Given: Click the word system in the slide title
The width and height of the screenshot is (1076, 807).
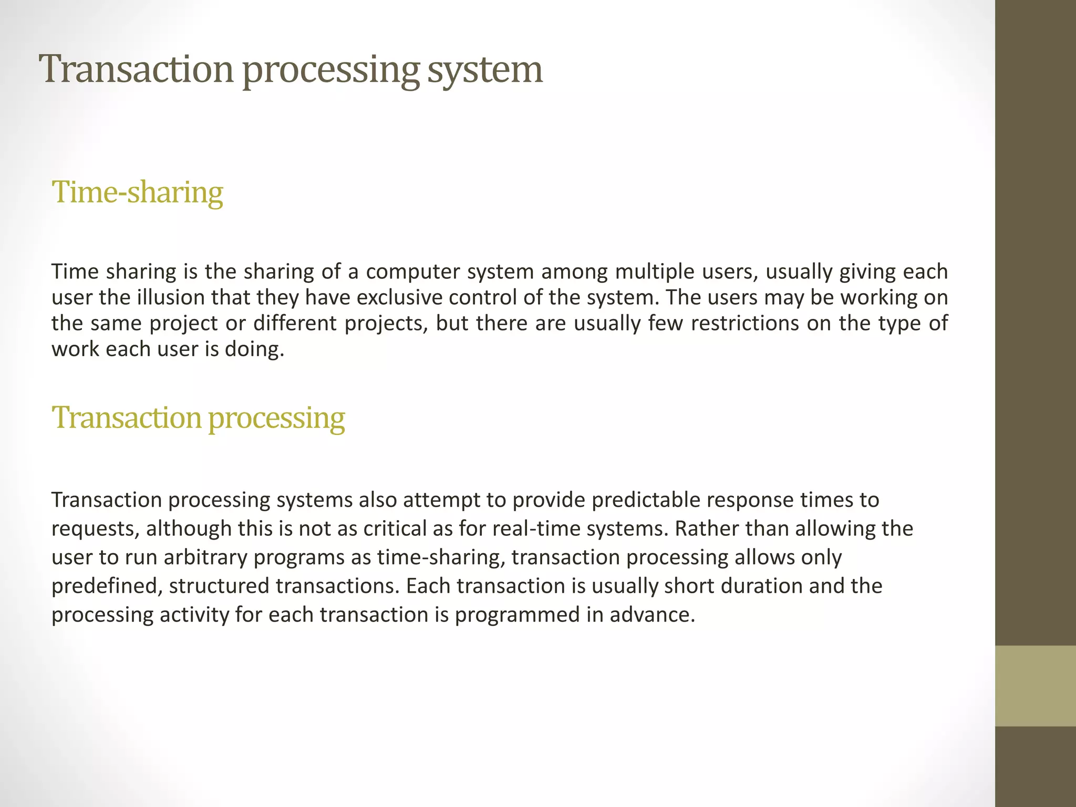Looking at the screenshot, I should tap(484, 70).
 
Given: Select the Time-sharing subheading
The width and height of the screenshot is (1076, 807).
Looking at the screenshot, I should tap(138, 192).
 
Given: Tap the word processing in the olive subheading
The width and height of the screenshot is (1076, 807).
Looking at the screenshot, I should tap(276, 419).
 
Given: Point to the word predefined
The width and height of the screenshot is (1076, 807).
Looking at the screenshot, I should tap(107, 586).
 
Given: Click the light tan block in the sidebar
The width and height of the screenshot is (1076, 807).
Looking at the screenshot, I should tap(1035, 686).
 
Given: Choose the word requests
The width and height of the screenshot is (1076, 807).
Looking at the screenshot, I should tap(96, 529).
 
